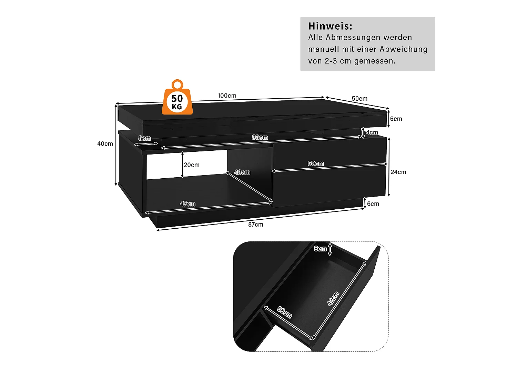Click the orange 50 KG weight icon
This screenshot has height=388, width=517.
[x=177, y=100]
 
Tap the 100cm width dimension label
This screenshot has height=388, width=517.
[x=227, y=96]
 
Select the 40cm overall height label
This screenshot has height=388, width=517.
[x=105, y=144]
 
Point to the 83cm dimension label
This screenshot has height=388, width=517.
[x=260, y=137]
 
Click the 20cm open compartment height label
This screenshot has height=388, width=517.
[x=192, y=165]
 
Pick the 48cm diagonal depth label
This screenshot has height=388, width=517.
[x=242, y=172]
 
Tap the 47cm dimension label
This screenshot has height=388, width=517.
[x=187, y=204]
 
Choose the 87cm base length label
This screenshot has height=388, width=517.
[x=256, y=225]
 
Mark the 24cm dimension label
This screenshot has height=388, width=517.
[x=398, y=172]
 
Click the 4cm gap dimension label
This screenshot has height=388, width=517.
[x=372, y=132]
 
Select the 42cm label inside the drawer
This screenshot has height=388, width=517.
[x=333, y=298]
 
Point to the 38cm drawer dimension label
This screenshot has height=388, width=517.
[x=285, y=312]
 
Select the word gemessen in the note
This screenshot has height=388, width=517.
[x=375, y=61]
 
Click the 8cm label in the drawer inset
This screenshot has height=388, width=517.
[x=320, y=249]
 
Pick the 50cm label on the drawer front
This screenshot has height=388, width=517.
[x=316, y=163]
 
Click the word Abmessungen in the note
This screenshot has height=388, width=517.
[x=353, y=37]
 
